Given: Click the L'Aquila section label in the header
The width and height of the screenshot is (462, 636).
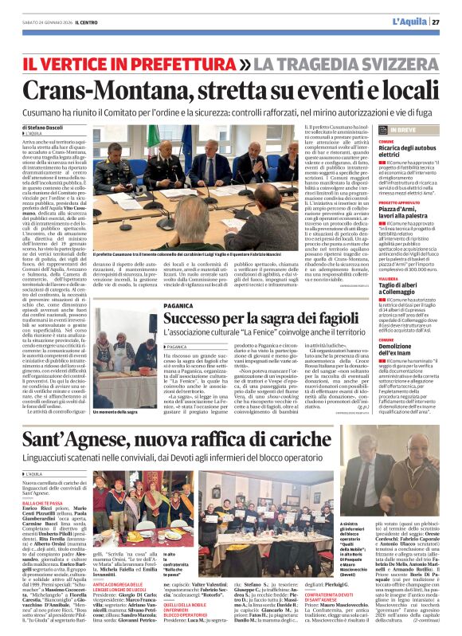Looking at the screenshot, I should pos(406,22).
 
